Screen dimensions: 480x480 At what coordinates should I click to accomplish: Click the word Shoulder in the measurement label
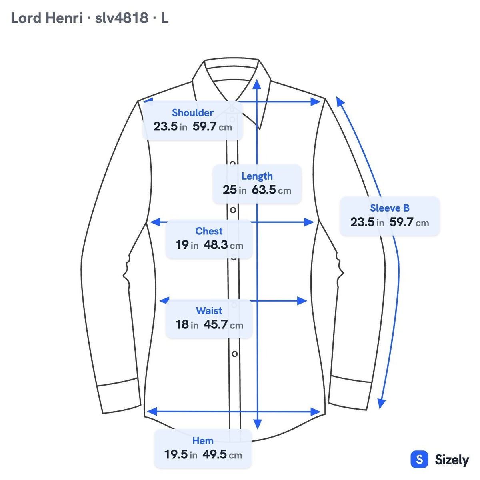[192, 112]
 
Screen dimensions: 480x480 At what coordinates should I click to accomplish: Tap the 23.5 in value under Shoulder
[170, 126]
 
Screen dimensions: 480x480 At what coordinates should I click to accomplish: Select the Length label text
[257, 176]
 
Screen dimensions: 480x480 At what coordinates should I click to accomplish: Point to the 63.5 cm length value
[271, 190]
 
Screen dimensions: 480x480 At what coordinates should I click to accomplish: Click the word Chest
[209, 231]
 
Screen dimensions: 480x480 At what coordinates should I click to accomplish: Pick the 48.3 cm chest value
[223, 245]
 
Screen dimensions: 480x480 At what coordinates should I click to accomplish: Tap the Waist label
[209, 311]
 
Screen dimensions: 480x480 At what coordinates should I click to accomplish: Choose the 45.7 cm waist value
[223, 325]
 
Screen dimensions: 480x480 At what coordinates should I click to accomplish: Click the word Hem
[203, 441]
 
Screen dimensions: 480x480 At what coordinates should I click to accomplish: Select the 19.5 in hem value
[181, 454]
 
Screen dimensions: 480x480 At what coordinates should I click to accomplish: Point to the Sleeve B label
[390, 208]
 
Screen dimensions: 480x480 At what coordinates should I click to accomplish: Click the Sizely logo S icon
[420, 459]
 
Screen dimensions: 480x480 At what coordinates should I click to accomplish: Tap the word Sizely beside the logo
[452, 460]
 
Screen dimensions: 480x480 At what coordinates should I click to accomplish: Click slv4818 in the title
[122, 18]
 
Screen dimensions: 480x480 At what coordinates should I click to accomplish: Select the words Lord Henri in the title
[46, 18]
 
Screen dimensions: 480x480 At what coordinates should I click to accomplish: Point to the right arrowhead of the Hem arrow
[316, 412]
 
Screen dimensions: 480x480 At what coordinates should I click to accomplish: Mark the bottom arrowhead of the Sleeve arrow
[381, 404]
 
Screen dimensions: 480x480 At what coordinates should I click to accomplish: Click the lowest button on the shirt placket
[234, 354]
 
